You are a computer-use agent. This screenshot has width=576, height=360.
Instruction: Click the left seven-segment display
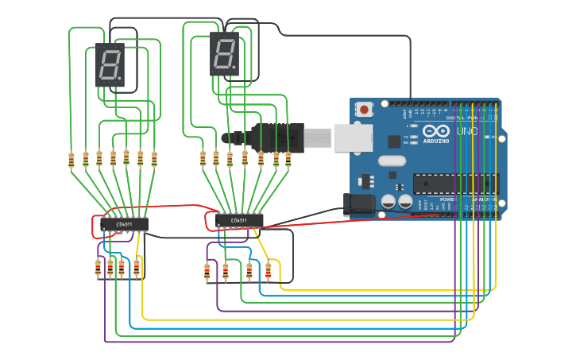110,64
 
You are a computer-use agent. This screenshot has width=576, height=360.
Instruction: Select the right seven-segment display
225,54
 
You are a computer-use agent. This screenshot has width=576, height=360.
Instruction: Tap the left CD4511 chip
124,224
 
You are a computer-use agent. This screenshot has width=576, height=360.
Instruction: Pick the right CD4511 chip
239,219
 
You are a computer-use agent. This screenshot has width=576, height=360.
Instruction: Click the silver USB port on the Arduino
352,137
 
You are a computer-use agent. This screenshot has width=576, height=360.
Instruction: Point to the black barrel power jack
360,203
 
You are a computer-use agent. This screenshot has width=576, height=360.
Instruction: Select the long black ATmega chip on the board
454,184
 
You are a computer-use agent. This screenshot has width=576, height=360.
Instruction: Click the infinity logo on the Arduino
435,131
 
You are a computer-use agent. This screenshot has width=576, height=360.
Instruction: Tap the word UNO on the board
467,131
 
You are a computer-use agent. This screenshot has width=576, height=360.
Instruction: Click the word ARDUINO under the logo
435,141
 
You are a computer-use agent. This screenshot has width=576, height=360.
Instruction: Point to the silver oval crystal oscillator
392,161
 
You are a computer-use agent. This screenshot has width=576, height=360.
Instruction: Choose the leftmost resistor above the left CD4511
72,160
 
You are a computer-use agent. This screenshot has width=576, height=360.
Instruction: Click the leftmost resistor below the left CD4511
99,269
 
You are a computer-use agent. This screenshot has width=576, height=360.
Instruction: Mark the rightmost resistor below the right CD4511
268,271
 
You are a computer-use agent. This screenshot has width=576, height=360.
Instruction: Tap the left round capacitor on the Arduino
389,202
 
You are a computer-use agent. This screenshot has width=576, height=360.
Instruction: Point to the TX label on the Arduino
406,137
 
